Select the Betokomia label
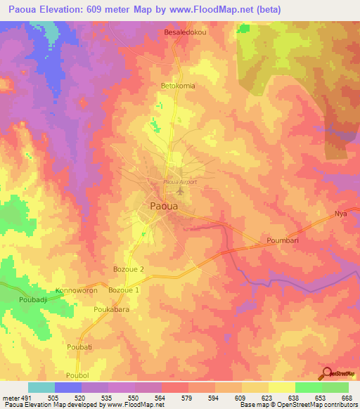pos(177,86)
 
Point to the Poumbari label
pos(283,241)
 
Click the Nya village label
pos(341,213)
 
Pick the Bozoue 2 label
pos(128,269)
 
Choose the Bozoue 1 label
pos(122,290)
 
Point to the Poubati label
pos(79,346)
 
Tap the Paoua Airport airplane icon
pos(181,190)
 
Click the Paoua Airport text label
pos(179,181)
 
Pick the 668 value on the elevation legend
pos(344,397)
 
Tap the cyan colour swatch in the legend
pos(41,387)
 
